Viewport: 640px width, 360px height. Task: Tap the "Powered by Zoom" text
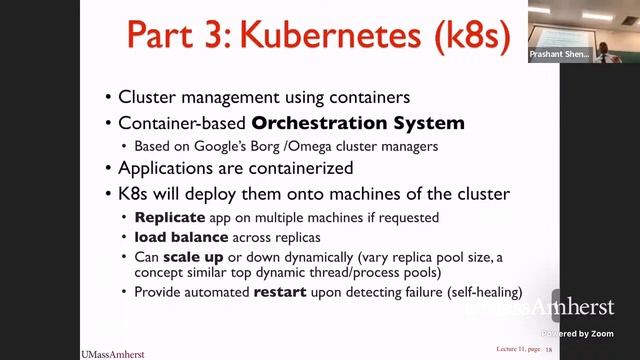pyautogui.click(x=578, y=333)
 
